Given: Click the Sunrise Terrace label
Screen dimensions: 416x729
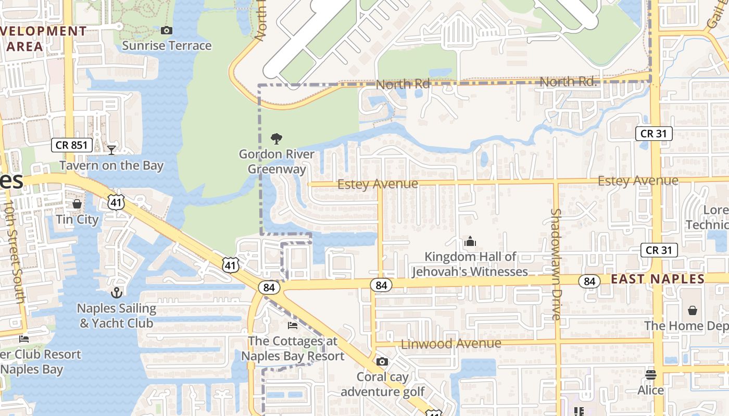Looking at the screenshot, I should pyautogui.click(x=167, y=46).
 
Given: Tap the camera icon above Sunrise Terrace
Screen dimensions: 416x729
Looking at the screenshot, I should pyautogui.click(x=167, y=31).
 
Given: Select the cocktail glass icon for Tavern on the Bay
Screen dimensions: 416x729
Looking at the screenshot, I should pyautogui.click(x=111, y=150).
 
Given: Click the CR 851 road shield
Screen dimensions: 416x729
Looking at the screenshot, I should pyautogui.click(x=72, y=145).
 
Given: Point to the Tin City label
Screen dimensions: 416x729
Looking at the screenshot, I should pyautogui.click(x=77, y=219).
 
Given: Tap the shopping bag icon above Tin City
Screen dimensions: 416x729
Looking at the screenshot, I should pyautogui.click(x=77, y=204).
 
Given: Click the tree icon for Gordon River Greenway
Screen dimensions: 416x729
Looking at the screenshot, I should pyautogui.click(x=276, y=139).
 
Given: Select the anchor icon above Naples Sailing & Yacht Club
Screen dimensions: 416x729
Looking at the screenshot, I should pyautogui.click(x=117, y=293).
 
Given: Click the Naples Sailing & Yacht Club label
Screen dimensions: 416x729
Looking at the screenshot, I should pyautogui.click(x=117, y=316).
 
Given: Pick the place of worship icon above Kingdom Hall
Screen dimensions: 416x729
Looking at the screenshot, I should pyautogui.click(x=470, y=241).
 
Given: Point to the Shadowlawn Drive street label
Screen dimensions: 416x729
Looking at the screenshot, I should pyautogui.click(x=556, y=264).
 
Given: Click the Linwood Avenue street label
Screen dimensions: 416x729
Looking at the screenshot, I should pyautogui.click(x=451, y=344).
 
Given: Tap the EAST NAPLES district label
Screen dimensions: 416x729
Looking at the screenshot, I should pyautogui.click(x=657, y=279).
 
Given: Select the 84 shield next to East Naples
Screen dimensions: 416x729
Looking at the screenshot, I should pyautogui.click(x=589, y=281).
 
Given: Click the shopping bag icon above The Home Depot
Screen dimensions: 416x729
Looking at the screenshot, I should pyautogui.click(x=693, y=310).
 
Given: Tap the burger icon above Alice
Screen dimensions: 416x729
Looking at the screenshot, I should pyautogui.click(x=651, y=374).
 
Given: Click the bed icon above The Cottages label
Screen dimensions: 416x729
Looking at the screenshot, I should pyautogui.click(x=293, y=326).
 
